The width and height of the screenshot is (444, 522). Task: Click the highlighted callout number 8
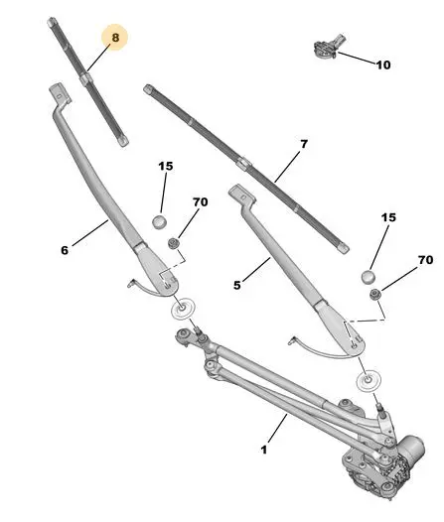click(115, 38)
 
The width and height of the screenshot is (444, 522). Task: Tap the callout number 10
click(383, 65)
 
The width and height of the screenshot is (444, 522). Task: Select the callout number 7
click(304, 144)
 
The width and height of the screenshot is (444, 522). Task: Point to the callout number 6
click(65, 250)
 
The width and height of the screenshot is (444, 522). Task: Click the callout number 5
click(236, 285)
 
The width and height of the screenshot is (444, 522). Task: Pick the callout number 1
click(264, 450)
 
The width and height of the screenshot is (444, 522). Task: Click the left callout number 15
click(166, 166)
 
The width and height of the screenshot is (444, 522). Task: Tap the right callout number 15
click(388, 217)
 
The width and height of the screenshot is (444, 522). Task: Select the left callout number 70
click(200, 201)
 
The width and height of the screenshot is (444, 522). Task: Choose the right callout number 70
click(425, 260)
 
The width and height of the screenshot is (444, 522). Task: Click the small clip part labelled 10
click(328, 47)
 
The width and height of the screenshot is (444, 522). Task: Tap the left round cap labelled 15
click(159, 221)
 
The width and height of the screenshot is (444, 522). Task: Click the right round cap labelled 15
click(369, 277)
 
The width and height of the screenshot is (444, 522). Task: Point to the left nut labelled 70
click(173, 244)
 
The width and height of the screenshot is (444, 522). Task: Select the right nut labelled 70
click(375, 295)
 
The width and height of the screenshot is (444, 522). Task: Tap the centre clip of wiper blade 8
click(86, 79)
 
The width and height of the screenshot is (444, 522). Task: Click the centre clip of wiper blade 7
click(244, 163)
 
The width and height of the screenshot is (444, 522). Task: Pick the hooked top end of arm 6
click(60, 94)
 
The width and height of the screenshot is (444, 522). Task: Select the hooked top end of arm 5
click(241, 195)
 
